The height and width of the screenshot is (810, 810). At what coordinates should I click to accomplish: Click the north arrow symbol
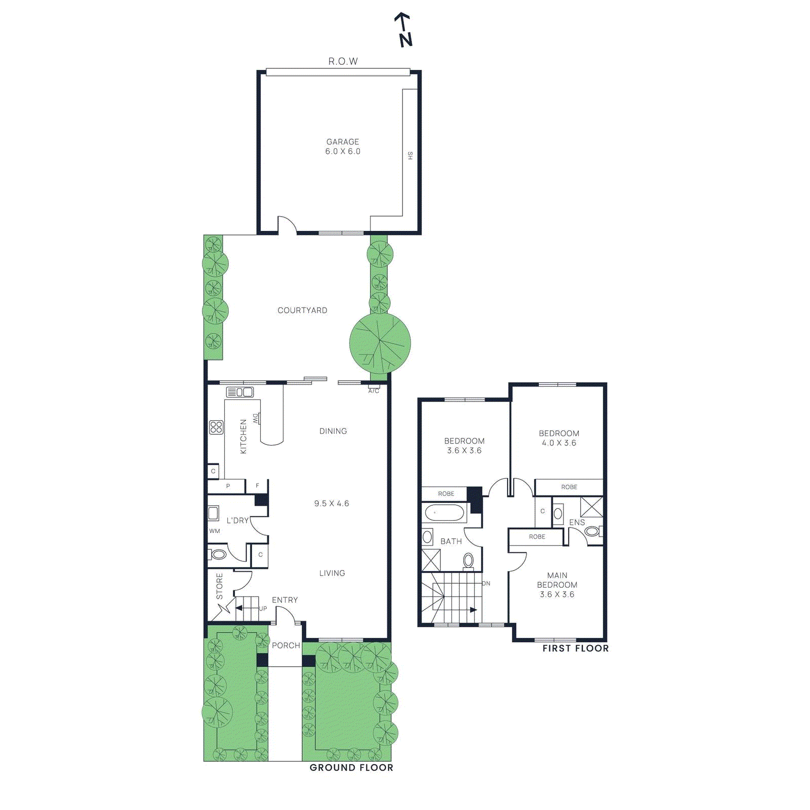(404, 29)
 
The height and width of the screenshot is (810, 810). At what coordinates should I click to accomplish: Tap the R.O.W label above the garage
(343, 61)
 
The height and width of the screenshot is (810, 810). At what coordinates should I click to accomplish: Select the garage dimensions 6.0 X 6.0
(343, 151)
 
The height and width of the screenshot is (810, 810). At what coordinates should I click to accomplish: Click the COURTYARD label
(302, 310)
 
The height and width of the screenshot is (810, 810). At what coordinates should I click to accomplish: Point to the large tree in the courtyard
(380, 343)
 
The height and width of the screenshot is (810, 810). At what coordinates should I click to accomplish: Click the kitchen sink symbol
(239, 392)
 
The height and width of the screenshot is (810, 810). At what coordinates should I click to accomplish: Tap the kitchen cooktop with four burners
(216, 427)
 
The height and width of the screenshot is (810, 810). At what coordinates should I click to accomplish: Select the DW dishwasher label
(256, 419)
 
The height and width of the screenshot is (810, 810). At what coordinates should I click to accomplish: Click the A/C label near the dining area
(374, 391)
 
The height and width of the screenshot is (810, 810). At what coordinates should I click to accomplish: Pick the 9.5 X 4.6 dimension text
(332, 503)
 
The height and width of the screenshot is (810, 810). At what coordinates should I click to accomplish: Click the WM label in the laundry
(215, 531)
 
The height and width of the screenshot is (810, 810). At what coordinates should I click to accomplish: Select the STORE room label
(220, 586)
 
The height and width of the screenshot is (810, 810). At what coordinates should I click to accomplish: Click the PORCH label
(286, 645)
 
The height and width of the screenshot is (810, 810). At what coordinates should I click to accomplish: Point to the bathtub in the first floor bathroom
(445, 513)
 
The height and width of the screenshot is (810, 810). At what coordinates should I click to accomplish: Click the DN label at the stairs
(486, 583)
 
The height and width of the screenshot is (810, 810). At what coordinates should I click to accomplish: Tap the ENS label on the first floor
(577, 522)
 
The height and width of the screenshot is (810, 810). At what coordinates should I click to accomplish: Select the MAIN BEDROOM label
(557, 580)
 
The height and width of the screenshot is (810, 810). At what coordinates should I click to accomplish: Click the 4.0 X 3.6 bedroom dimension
(559, 443)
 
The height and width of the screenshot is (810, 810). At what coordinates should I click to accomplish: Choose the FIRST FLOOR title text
(576, 649)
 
